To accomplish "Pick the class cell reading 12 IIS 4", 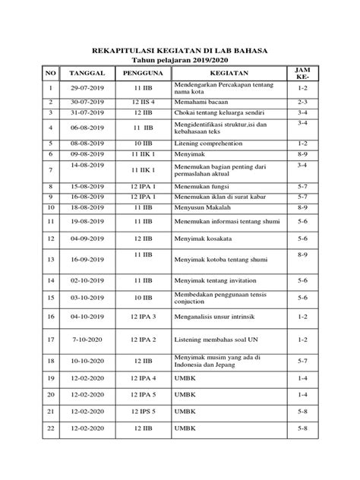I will [143, 101].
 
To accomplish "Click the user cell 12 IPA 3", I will [143, 316].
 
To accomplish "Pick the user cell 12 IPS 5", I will [143, 411].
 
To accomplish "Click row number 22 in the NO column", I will [51, 428].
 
